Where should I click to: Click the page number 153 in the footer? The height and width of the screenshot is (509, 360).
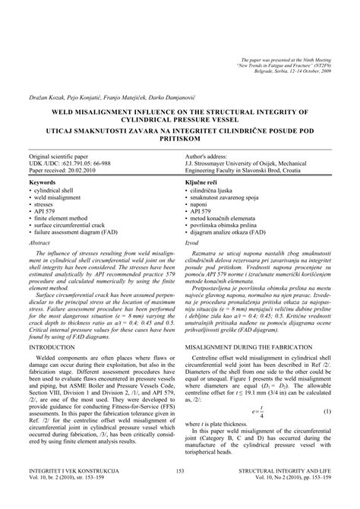tap(180, 492)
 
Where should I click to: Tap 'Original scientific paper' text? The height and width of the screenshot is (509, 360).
tap(65, 155)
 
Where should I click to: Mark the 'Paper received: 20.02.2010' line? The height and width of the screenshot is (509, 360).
tap(68, 169)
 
